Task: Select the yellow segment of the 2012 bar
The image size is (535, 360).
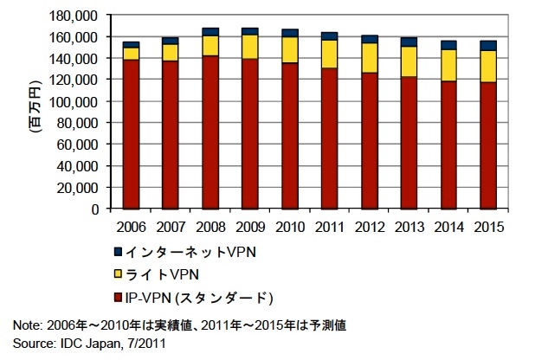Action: [369, 58]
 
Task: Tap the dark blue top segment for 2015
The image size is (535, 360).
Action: [488, 45]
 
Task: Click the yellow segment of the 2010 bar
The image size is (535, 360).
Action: [289, 50]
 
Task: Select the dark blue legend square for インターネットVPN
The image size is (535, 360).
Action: [117, 252]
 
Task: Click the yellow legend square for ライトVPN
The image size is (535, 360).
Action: [117, 275]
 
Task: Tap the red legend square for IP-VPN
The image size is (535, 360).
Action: [117, 299]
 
